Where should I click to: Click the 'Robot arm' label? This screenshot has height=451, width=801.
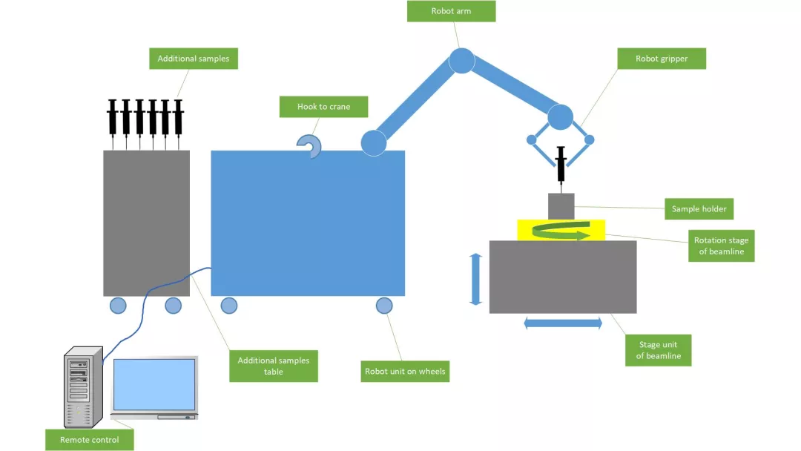[452, 11]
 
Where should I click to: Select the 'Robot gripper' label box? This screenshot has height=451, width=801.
[662, 59]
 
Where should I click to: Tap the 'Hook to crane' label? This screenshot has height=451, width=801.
[323, 107]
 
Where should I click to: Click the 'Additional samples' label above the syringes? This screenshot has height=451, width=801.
[194, 59]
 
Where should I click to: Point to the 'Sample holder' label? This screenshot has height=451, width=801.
[699, 209]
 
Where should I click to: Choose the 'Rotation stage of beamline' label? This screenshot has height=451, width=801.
[721, 246]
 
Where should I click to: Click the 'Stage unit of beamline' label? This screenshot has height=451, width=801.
[658, 350]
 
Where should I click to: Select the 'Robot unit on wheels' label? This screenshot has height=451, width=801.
[405, 371]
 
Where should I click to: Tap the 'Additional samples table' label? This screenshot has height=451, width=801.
[273, 366]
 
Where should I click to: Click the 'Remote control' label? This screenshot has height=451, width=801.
[90, 440]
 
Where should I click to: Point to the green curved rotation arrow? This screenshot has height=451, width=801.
[561, 232]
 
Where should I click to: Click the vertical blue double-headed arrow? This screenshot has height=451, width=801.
[476, 279]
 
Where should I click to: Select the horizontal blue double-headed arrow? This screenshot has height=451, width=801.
[563, 323]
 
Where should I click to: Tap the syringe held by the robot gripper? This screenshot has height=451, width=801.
[561, 165]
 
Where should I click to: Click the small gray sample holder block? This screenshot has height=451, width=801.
[561, 206]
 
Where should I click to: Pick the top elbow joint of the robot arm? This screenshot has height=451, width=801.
[461, 60]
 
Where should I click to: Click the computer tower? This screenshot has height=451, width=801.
[80, 388]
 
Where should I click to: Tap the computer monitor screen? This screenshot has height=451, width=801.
[154, 384]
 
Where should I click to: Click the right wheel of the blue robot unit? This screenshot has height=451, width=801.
[384, 305]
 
